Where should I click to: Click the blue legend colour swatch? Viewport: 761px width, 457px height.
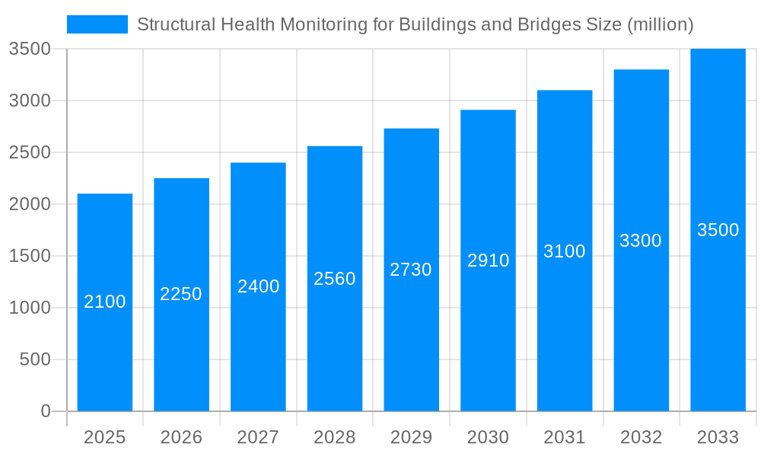(97, 24)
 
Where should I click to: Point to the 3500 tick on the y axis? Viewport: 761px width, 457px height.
(29, 49)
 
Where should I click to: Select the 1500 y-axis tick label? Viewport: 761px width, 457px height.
(29, 256)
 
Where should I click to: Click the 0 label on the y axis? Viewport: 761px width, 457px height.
(45, 411)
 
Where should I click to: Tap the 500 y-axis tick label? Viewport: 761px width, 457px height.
(35, 360)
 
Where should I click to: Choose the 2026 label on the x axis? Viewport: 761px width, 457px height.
(181, 437)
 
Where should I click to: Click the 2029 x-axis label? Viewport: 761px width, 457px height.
(411, 437)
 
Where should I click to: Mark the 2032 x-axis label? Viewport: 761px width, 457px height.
(641, 437)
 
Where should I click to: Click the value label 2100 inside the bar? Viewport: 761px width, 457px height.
(105, 302)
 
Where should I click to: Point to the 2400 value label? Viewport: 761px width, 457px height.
(259, 286)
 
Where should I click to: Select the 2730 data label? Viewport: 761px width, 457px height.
(411, 270)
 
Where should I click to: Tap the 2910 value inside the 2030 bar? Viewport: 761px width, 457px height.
(488, 260)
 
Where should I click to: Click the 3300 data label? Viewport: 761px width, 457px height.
(641, 241)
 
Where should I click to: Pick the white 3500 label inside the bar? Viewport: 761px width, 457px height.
(718, 230)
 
